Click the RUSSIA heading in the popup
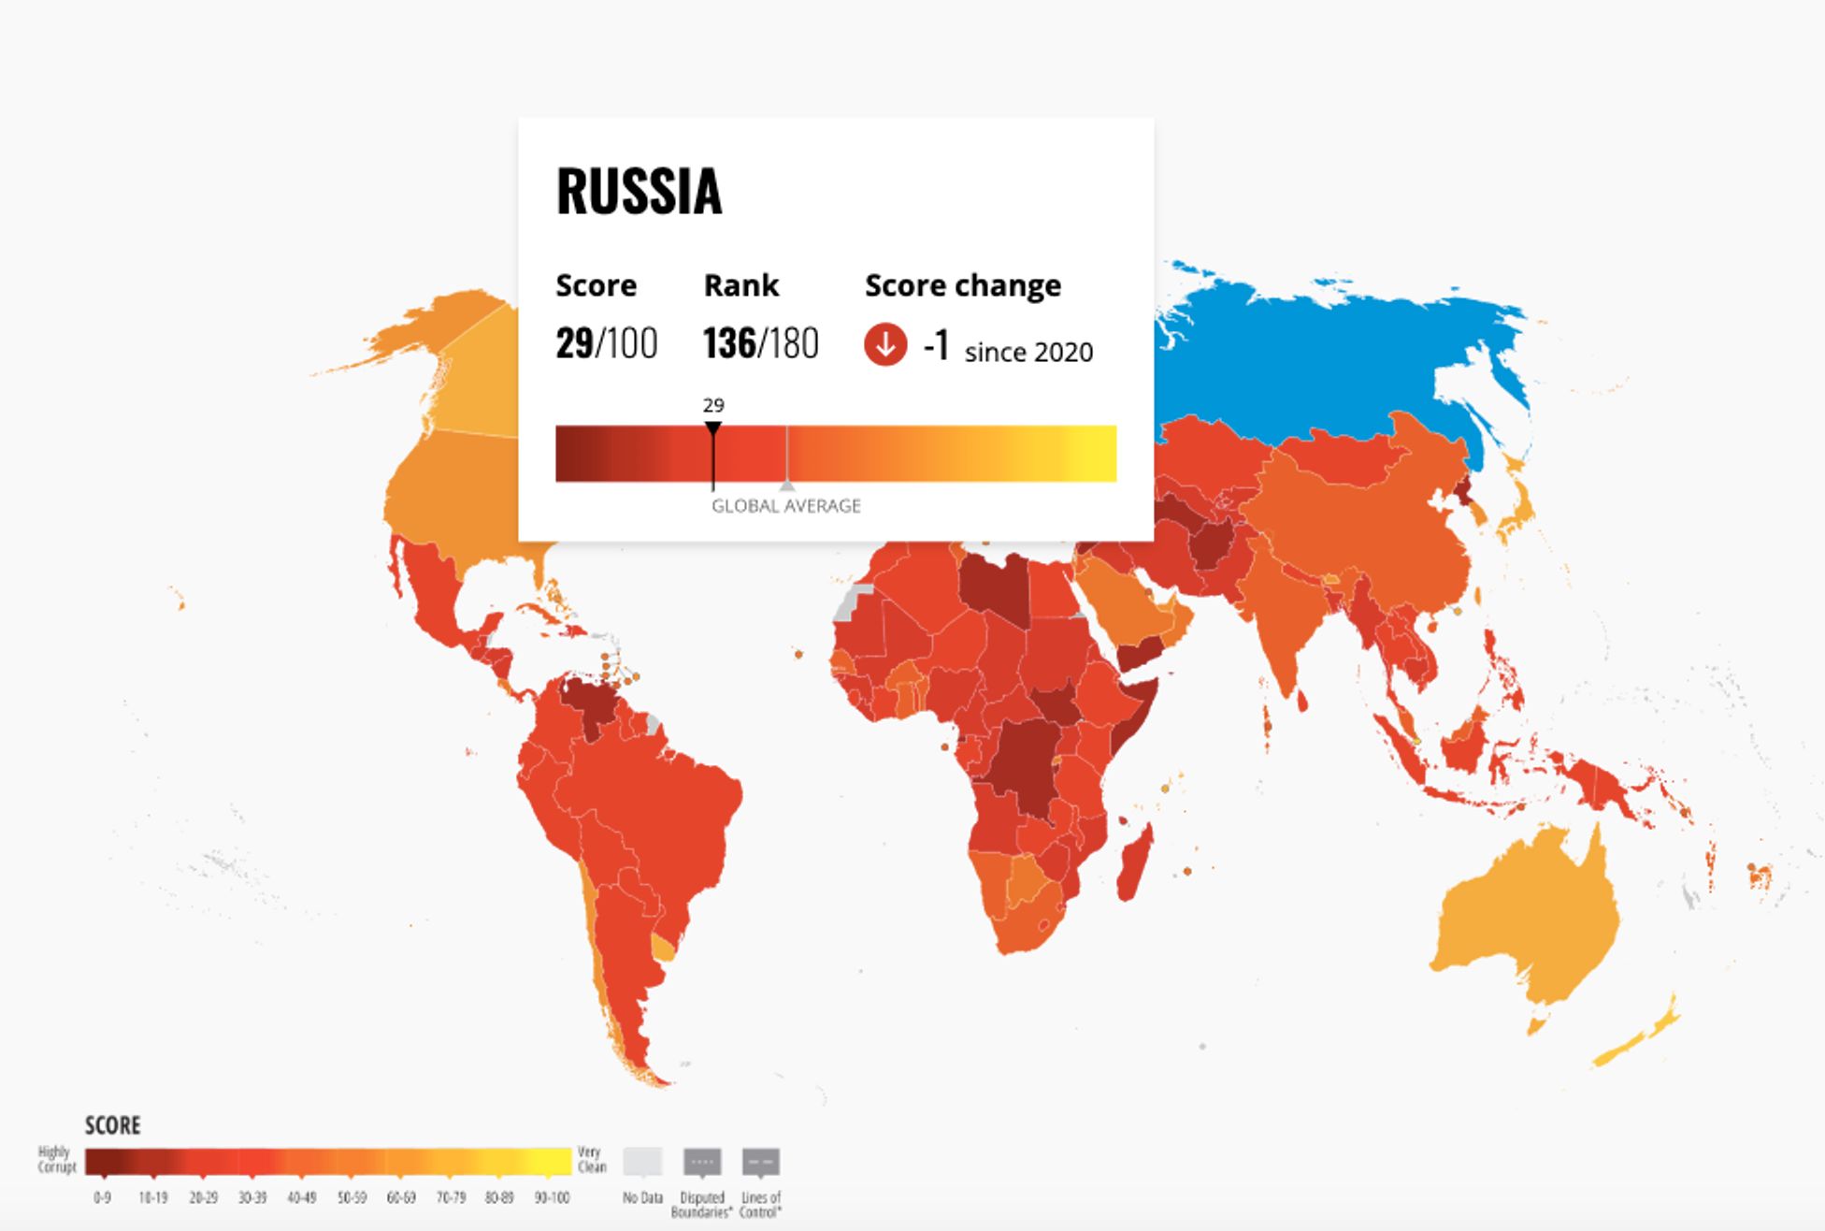(x=639, y=192)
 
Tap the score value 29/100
(x=606, y=343)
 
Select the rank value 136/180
(x=760, y=343)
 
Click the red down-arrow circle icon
(x=884, y=344)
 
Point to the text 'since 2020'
(x=1028, y=353)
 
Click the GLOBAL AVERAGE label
(x=785, y=506)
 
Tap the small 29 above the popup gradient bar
(x=713, y=405)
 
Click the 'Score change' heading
(x=962, y=285)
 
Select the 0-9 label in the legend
(x=102, y=1197)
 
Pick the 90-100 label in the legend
(x=552, y=1197)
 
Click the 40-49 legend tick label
(x=301, y=1197)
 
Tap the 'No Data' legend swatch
(x=642, y=1162)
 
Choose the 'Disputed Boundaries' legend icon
(x=702, y=1162)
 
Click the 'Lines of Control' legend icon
(x=761, y=1162)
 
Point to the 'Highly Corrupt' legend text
(x=55, y=1159)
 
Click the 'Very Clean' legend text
(x=592, y=1159)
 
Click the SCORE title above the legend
(x=112, y=1125)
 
